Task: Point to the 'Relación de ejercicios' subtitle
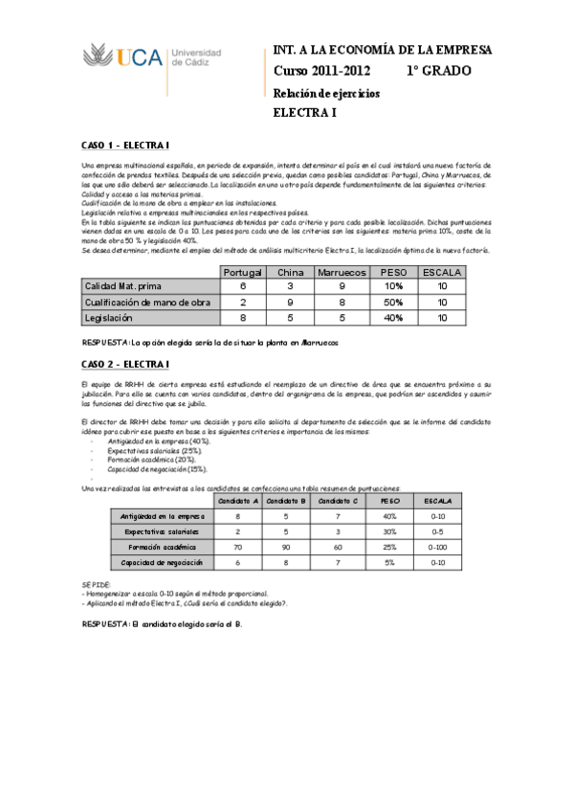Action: (x=326, y=93)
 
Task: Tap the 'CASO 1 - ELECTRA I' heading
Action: (x=124, y=145)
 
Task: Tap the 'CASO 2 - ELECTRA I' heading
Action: (x=124, y=364)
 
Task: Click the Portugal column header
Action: (x=242, y=273)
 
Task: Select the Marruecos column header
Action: (x=342, y=273)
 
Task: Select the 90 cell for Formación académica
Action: (x=285, y=547)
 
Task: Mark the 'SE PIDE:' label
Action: (x=96, y=583)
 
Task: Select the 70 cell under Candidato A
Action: (x=236, y=547)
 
